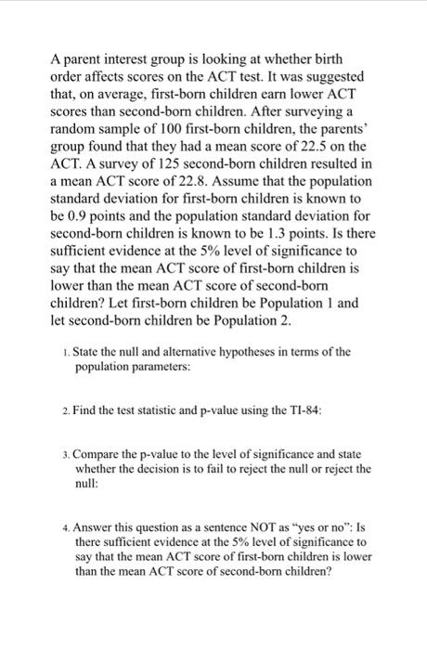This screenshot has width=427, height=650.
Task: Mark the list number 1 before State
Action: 60,351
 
